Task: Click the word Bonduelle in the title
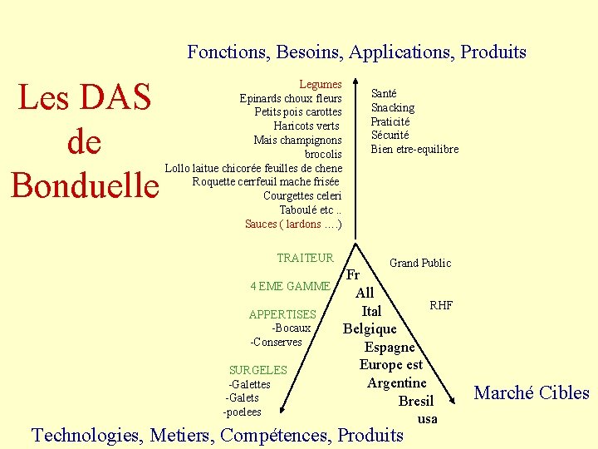85,185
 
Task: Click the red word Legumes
321,84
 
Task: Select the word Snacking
393,107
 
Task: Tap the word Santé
384,94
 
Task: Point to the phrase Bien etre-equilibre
414,149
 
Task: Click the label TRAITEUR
305,259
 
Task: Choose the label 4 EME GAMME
290,286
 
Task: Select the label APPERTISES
282,314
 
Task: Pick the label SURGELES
257,370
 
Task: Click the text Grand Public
420,263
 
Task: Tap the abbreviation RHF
441,305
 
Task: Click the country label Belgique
370,328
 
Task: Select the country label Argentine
397,382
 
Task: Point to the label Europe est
390,364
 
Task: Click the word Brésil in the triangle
415,401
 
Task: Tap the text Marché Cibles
532,392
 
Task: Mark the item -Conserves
276,342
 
